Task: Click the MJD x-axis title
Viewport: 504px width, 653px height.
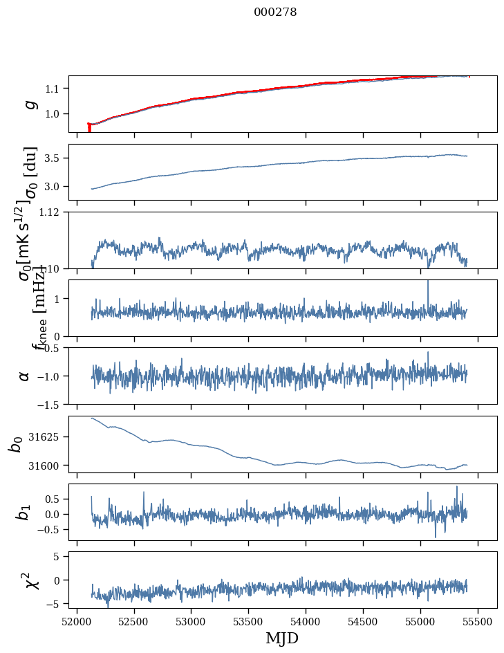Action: (282, 638)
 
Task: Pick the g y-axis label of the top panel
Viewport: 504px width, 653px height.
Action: (30, 104)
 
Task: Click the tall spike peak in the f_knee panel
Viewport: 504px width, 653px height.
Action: (428, 281)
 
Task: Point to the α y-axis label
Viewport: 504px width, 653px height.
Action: (25, 375)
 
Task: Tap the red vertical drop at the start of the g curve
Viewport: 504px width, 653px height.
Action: (89, 128)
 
